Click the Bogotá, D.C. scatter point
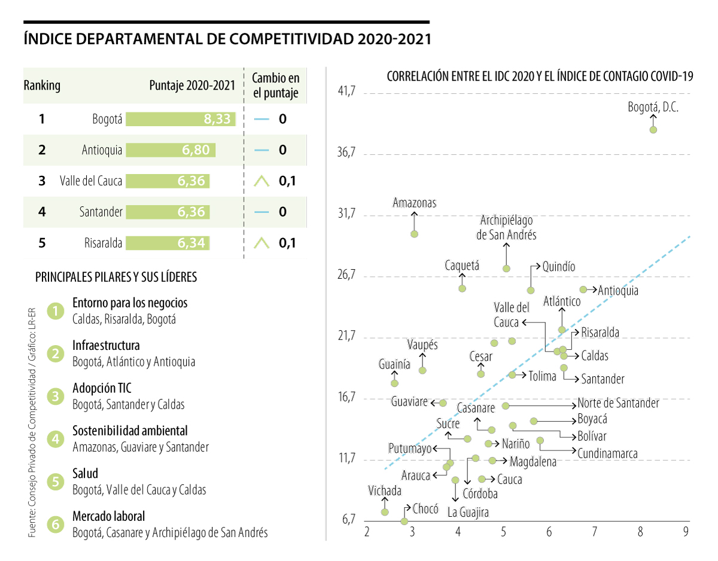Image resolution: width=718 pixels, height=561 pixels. click(653, 129)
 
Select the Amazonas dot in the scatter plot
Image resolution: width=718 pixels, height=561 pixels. click(414, 234)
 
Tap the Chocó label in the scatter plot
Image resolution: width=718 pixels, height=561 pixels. click(425, 509)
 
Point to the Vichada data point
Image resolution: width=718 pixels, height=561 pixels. click(385, 512)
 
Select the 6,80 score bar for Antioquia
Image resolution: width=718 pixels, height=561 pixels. click(171, 150)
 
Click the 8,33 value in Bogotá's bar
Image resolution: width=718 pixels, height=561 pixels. click(217, 119)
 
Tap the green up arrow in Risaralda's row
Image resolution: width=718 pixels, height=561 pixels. click(261, 243)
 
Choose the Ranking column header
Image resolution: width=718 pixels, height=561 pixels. click(42, 86)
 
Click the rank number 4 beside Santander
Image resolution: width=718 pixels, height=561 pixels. click(41, 212)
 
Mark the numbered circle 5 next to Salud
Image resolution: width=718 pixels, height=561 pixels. click(56, 482)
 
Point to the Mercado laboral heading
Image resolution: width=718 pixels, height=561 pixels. click(108, 516)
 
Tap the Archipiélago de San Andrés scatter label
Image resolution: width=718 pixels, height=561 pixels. click(506, 228)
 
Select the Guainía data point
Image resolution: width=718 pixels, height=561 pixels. click(394, 383)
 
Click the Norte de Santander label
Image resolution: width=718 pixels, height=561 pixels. click(618, 403)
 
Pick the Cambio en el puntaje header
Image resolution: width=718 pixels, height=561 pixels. click(275, 86)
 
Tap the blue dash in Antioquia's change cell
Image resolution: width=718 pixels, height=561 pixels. click(261, 150)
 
